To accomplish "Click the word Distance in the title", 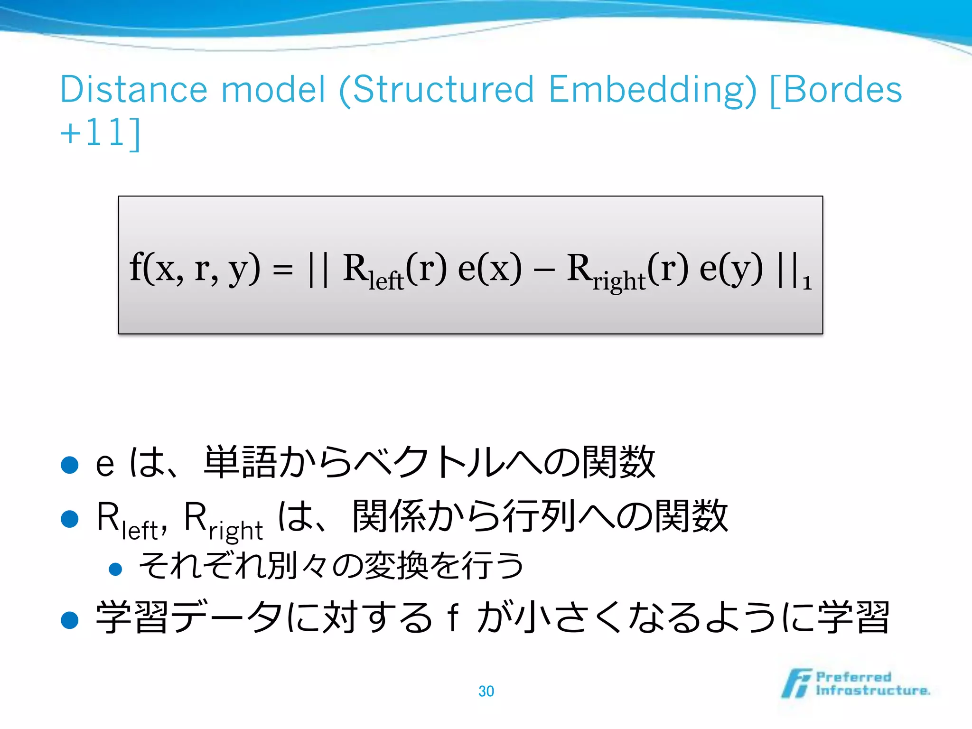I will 134,89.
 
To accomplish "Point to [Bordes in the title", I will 835,89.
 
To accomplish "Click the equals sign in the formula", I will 283,271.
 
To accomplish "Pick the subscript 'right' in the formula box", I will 619,281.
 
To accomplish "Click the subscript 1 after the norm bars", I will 806,283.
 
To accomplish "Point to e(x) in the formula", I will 489,268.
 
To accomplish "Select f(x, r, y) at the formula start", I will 195,268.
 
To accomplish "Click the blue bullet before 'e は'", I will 70,465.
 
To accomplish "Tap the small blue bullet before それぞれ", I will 115,569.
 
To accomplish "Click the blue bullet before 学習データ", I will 70,620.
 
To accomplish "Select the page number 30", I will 486,691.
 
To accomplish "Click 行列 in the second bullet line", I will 540,516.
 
